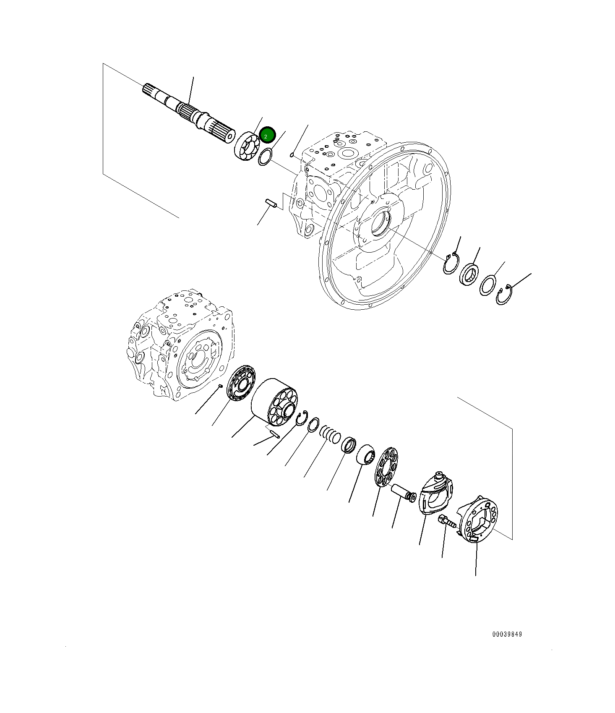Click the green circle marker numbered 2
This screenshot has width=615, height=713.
[x=267, y=135]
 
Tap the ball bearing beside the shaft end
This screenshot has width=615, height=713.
[x=248, y=146]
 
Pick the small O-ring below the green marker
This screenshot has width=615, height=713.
[x=265, y=158]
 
